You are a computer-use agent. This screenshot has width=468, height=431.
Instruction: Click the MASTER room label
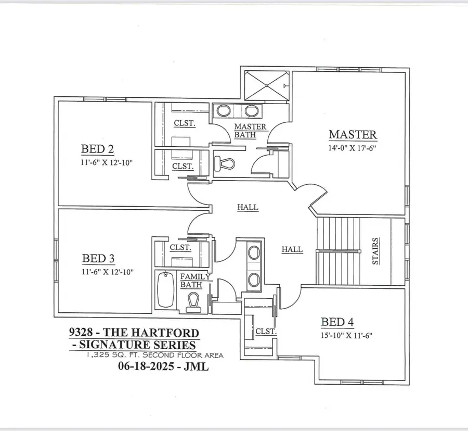pos(353,134)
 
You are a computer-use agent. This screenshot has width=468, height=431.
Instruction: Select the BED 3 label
pos(98,258)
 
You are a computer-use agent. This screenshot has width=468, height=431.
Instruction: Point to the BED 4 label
pos(337,322)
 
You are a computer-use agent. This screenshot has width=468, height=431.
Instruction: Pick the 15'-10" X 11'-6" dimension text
pos(346,335)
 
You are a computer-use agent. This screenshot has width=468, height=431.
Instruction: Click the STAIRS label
pos(375,251)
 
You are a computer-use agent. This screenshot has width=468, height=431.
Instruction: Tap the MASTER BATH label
pos(250,131)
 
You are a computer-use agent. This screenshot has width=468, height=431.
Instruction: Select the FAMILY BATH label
pos(195,281)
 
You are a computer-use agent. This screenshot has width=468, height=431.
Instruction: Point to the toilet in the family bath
pos(194,302)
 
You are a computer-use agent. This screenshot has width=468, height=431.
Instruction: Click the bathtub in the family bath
pos(165,290)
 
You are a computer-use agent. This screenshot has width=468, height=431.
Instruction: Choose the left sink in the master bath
pos(224,110)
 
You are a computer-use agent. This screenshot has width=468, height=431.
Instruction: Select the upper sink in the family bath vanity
pos(254,253)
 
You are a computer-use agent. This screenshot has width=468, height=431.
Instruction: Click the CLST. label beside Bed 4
pos(265,331)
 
